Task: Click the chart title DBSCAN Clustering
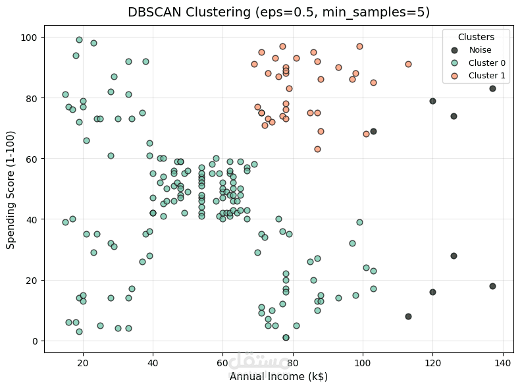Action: tap(278, 12)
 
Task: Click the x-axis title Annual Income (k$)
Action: tap(278, 377)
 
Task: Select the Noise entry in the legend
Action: tap(479, 49)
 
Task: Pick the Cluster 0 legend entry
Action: tap(486, 63)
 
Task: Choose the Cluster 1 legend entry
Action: tap(486, 76)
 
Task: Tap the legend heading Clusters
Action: tap(476, 37)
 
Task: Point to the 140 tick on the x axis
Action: tap(503, 363)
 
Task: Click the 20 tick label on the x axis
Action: tap(83, 363)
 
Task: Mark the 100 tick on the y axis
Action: tap(32, 38)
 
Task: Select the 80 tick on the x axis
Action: tap(293, 363)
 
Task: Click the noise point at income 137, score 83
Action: tap(492, 89)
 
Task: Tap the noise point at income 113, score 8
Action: tap(408, 316)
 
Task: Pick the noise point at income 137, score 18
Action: tap(492, 286)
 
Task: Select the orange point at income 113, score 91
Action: tap(408, 65)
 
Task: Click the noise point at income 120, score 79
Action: tap(432, 101)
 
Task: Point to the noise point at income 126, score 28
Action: tap(454, 256)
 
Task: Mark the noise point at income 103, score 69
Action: tap(373, 131)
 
